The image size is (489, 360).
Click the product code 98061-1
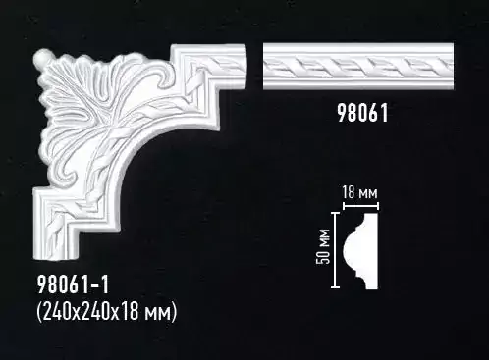click(73, 284)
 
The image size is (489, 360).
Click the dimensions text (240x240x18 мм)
click(107, 311)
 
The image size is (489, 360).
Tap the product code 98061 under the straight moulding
click(362, 113)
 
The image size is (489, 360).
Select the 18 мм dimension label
click(359, 193)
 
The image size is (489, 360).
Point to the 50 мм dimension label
click(323, 246)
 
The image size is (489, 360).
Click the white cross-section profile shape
click(361, 251)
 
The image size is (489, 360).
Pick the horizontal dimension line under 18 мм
click(360, 206)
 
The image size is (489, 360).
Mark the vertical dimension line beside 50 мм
click(335, 250)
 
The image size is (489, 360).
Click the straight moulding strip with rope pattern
click(358, 66)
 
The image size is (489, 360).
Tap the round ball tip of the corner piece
click(41, 56)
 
